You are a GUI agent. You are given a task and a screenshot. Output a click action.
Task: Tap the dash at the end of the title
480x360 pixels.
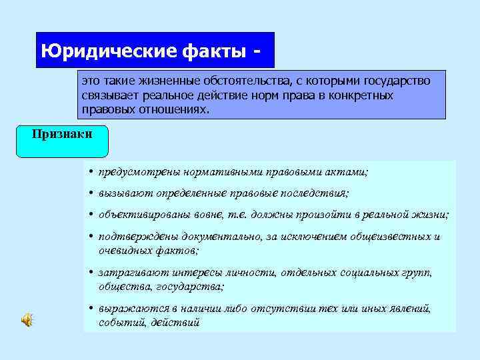(x=257, y=51)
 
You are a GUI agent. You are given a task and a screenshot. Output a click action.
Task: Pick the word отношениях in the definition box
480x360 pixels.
(x=173, y=108)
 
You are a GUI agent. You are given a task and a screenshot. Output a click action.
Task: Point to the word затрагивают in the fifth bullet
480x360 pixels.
(x=130, y=273)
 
